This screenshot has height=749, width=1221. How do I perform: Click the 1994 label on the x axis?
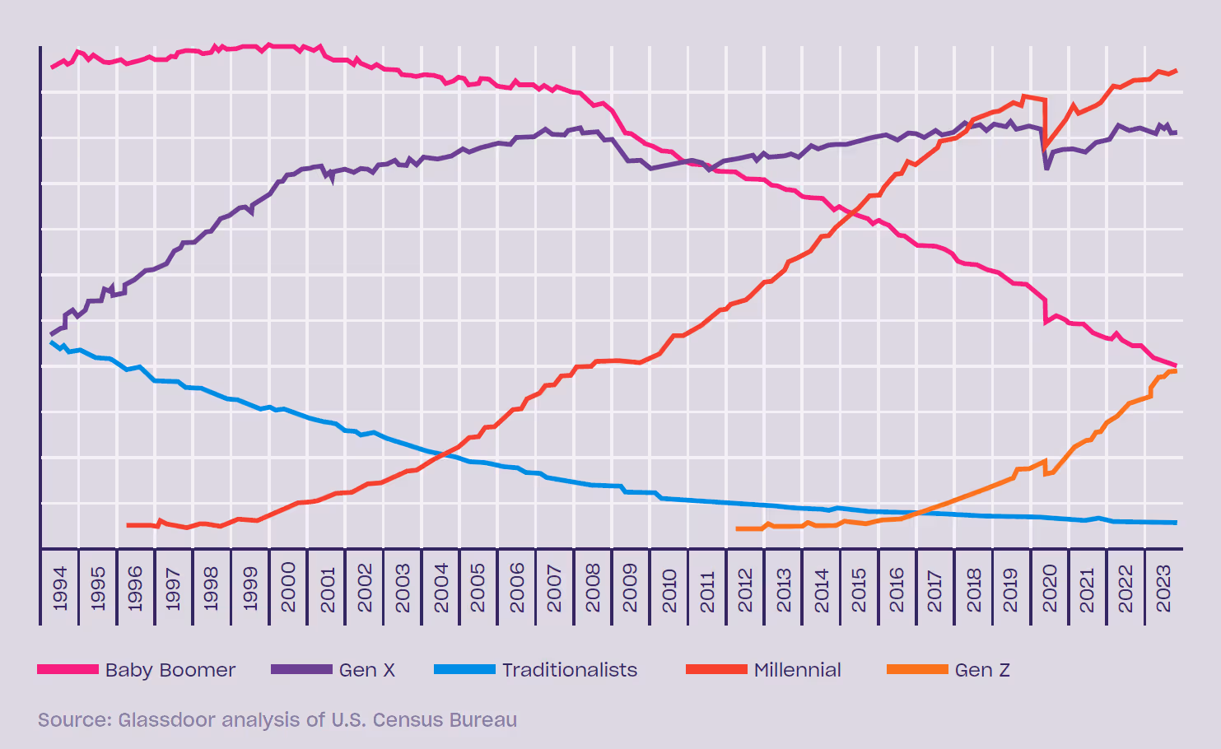click(60, 588)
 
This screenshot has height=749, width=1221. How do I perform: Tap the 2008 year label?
click(593, 588)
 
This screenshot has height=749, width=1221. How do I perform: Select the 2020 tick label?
click(1050, 588)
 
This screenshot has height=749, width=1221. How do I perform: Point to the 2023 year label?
click(1163, 588)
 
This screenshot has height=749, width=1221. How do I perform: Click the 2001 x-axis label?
click(327, 588)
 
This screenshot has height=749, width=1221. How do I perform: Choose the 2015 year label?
click(859, 588)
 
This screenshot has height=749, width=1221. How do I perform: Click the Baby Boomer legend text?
click(170, 670)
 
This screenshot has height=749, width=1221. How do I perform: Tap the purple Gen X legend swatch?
click(301, 670)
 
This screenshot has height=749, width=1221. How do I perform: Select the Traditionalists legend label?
click(570, 670)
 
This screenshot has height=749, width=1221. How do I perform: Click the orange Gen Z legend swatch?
click(917, 670)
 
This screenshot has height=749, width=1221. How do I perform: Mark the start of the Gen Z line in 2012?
click(737, 528)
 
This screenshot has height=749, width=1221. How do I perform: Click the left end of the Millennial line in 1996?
click(128, 525)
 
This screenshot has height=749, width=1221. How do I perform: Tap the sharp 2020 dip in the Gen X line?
click(1046, 168)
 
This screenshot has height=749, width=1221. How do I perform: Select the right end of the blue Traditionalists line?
click(1176, 523)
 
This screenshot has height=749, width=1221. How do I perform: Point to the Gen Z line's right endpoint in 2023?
click(1176, 371)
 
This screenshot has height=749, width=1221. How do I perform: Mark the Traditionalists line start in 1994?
click(52, 342)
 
